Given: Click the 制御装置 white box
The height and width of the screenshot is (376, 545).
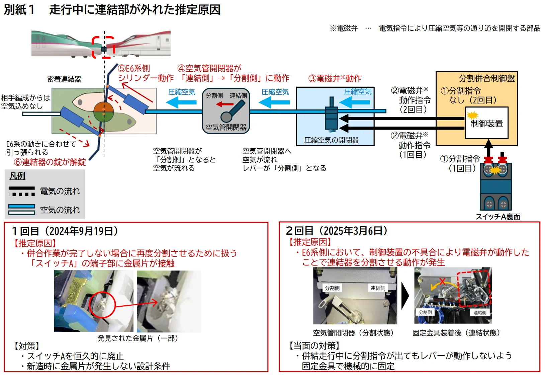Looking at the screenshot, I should click(x=486, y=124).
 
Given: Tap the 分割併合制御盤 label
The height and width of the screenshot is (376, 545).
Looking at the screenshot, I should click(x=487, y=78).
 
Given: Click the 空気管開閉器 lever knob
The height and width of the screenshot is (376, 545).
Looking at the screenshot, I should click(x=226, y=117).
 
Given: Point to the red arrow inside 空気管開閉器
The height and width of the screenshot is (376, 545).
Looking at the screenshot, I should click(x=224, y=104).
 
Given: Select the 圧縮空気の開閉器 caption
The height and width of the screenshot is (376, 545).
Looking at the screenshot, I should click(x=331, y=140).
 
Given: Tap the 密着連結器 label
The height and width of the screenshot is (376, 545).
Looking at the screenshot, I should click(x=64, y=79).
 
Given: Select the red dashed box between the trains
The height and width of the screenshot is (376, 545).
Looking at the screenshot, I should click(x=103, y=48).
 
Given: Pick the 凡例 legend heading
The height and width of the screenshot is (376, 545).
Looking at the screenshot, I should click(x=17, y=176).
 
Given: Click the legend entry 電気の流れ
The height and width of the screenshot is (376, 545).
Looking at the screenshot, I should click(x=60, y=191).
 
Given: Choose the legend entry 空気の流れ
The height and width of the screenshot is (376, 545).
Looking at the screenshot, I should click(x=60, y=210).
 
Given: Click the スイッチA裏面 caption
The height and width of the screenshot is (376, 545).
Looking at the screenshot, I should click(x=498, y=217).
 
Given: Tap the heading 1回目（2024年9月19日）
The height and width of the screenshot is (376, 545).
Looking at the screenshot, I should click(x=65, y=231).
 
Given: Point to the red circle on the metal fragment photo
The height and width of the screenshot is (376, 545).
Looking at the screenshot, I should click(x=102, y=305).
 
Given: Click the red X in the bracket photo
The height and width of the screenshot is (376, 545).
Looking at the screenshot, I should click(x=442, y=282).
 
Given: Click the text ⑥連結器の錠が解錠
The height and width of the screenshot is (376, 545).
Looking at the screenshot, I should click(x=50, y=162).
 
